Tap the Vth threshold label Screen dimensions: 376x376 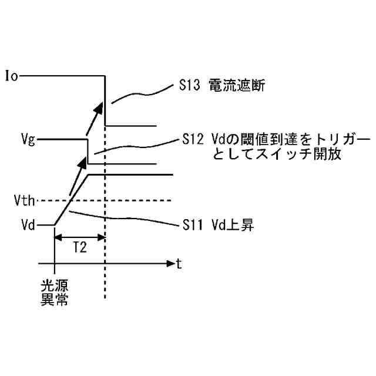(25, 200)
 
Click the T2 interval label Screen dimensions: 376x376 (79, 248)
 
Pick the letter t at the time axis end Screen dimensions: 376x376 (179, 264)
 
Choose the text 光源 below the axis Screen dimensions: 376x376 (53, 287)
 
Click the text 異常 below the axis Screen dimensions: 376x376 (53, 300)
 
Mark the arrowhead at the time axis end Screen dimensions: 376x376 (170, 263)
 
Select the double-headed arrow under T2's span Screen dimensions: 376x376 (79, 237)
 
